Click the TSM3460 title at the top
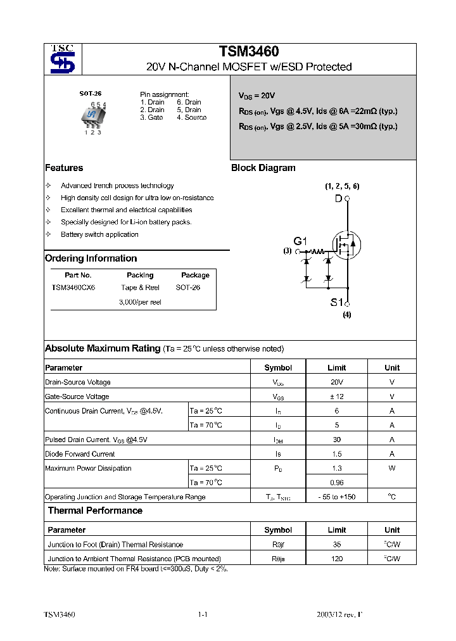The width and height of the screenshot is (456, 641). (x=249, y=52)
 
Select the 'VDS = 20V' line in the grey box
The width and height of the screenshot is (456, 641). (x=256, y=96)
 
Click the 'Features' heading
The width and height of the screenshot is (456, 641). (x=64, y=168)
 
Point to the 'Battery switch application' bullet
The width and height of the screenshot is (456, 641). (x=99, y=234)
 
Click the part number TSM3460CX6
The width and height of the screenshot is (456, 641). (x=73, y=287)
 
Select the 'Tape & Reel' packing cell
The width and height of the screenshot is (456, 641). (x=140, y=287)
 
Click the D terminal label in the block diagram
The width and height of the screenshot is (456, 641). (x=338, y=199)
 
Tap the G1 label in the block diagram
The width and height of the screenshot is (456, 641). (x=300, y=241)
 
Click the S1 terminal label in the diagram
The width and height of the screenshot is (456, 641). (x=336, y=302)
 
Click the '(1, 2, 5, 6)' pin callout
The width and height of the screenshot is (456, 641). (x=342, y=186)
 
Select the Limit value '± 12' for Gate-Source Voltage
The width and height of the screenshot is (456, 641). (x=336, y=397)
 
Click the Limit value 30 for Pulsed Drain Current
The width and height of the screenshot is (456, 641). (x=336, y=440)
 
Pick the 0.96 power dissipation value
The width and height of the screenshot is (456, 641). (x=336, y=483)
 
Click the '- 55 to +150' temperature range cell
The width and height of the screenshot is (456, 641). (x=336, y=497)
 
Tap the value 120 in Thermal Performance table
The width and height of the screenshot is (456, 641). (x=336, y=559)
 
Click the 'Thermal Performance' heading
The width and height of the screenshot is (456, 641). (x=95, y=511)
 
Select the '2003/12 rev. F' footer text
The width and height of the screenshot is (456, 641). (x=339, y=615)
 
